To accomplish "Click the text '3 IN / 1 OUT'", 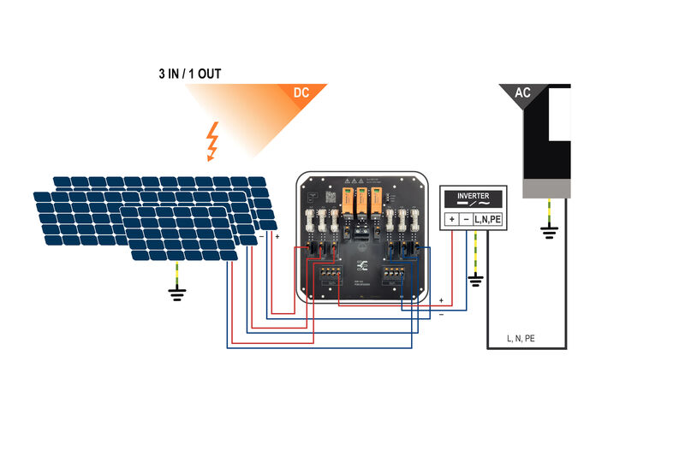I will click(189, 74).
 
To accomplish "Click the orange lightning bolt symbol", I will click(211, 141).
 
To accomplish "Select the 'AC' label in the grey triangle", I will click(521, 92).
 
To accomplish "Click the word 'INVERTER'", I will click(473, 196).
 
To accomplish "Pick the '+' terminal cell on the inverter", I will click(450, 220).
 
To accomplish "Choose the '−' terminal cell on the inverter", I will click(465, 220).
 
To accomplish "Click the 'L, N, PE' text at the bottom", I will click(521, 339).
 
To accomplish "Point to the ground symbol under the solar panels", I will click(177, 295).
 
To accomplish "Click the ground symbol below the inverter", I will click(476, 280).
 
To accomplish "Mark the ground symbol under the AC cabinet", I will click(548, 229).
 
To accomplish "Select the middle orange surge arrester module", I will click(361, 203).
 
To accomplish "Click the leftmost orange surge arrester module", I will click(348, 203).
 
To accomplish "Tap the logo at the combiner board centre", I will click(362, 264).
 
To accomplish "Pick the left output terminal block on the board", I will click(329, 275).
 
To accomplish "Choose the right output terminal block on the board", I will click(395, 275).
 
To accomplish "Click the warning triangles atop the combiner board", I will click(354, 181).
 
